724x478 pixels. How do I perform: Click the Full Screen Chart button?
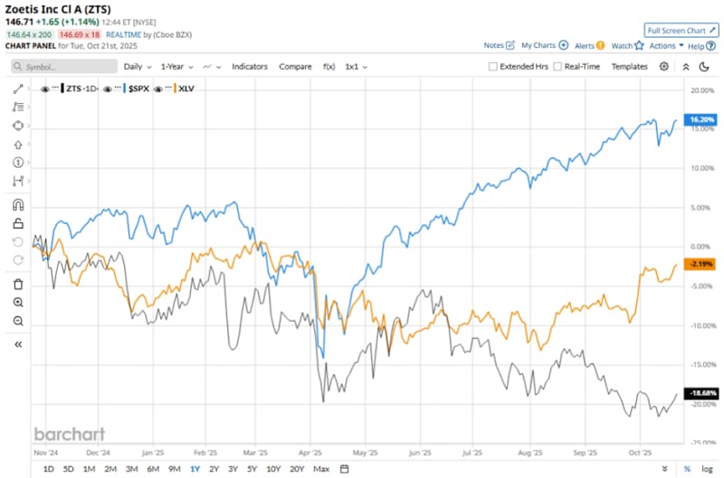680,30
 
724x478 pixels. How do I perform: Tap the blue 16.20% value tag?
701,118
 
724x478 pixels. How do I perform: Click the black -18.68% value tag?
701,393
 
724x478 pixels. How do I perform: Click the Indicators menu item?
251,66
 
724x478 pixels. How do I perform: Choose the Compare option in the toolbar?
295,66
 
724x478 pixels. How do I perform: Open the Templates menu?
629,66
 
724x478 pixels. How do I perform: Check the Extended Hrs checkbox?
493,67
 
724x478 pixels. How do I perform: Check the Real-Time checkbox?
557,67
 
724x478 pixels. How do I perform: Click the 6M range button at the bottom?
153,468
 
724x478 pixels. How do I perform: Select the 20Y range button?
297,468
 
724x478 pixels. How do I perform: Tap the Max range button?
321,468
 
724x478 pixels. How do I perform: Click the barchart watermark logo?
70,434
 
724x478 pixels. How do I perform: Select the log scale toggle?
707,468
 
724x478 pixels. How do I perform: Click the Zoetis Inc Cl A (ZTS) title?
58,9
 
